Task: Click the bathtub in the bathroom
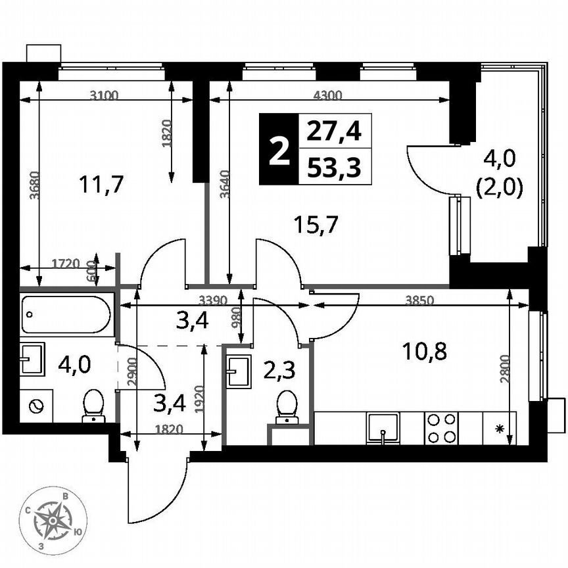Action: coord(65,315)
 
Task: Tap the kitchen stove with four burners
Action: coord(441,428)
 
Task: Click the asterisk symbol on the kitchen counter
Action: coord(499,430)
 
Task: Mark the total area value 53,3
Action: coord(334,168)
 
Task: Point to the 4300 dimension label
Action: coord(327,95)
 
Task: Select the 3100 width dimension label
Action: coord(104,95)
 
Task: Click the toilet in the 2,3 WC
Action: coord(287,406)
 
